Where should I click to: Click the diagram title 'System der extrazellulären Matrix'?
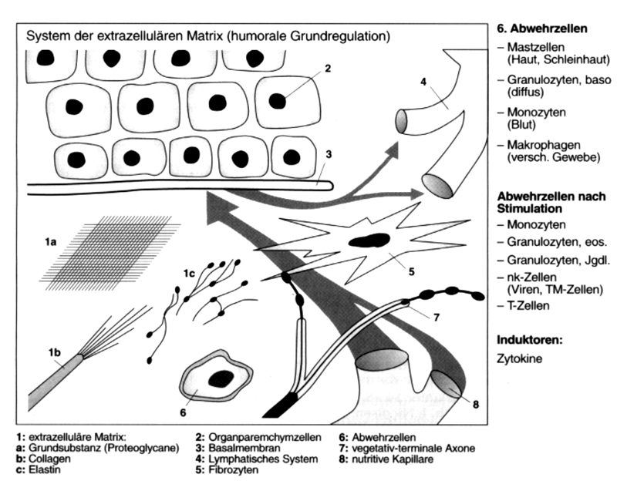click(131, 36)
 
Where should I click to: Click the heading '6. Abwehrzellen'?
click(545, 29)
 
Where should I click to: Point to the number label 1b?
click(53, 353)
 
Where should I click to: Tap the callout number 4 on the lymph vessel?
click(423, 79)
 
